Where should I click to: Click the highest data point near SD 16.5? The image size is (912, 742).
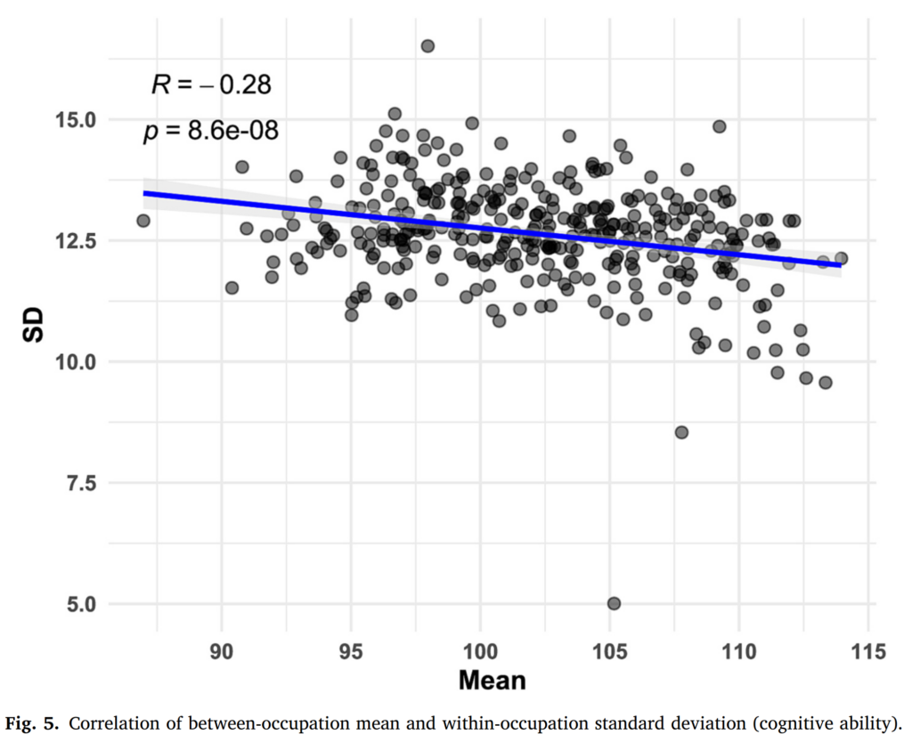[427, 46]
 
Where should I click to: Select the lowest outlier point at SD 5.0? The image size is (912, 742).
[614, 603]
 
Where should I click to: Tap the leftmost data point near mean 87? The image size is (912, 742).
[143, 221]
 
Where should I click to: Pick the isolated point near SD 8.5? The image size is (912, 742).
[681, 432]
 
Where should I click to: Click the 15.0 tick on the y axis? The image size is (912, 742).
[81, 120]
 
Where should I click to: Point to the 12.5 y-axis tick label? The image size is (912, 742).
[81, 241]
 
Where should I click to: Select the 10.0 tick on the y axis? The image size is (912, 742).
[81, 362]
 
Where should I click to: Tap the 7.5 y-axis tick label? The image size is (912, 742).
[86, 483]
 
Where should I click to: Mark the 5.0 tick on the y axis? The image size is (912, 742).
[86, 604]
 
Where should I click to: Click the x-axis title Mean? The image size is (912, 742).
[492, 682]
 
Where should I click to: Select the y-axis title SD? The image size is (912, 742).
[33, 327]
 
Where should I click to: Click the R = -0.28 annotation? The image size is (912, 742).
[210, 85]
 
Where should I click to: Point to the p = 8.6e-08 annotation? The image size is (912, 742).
[210, 132]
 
